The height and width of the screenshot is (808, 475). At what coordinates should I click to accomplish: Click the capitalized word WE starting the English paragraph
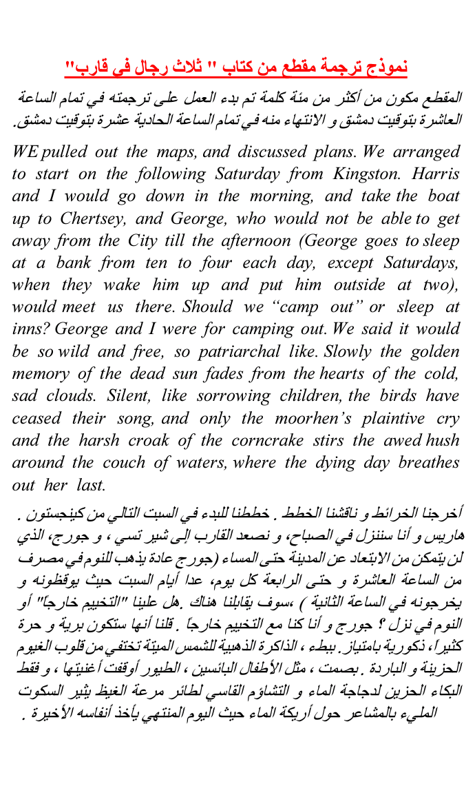[x=26, y=152]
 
